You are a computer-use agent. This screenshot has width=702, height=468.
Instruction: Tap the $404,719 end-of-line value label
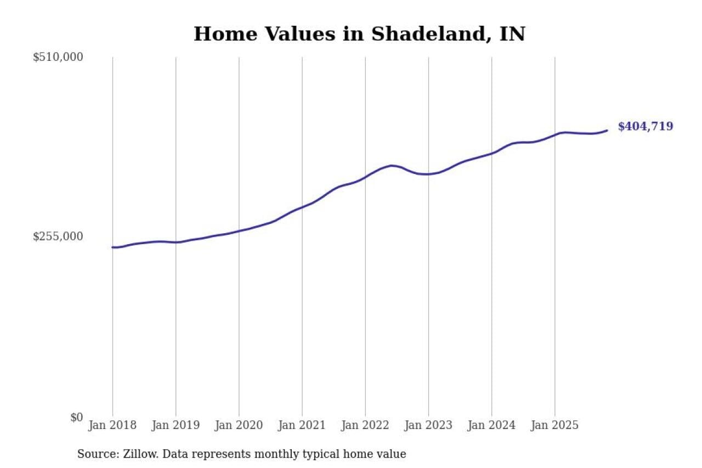coord(646,127)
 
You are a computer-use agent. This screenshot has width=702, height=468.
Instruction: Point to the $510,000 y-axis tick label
coord(58,57)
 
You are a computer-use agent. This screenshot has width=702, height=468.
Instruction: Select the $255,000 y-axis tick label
coord(58,236)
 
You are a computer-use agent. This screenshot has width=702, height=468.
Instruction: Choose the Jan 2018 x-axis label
coord(112,426)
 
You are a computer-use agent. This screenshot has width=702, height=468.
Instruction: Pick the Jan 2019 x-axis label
coord(175,426)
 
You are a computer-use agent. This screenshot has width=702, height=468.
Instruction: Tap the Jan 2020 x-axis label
coord(239,426)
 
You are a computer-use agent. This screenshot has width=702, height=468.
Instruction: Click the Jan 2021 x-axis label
coord(302,426)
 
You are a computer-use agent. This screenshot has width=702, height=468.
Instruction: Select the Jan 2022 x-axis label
coord(365,426)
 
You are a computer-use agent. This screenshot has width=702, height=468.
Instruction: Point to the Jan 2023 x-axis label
coord(428,426)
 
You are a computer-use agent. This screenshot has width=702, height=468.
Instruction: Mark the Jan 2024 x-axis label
coord(491,426)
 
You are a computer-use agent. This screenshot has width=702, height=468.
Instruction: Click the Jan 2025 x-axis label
coord(554,426)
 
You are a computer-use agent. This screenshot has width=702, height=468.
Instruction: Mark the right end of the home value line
coord(607,131)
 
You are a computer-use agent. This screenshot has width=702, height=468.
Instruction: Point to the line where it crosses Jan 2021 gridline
coord(302,207)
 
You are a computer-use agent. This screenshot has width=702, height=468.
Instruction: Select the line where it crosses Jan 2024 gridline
coord(491,153)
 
